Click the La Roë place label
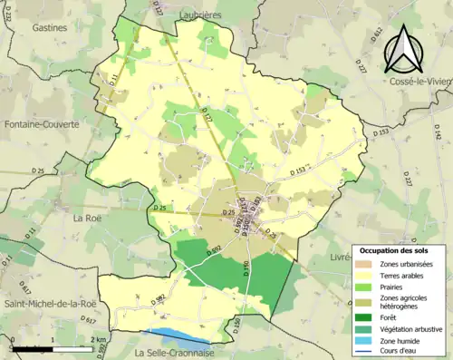(88, 218)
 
